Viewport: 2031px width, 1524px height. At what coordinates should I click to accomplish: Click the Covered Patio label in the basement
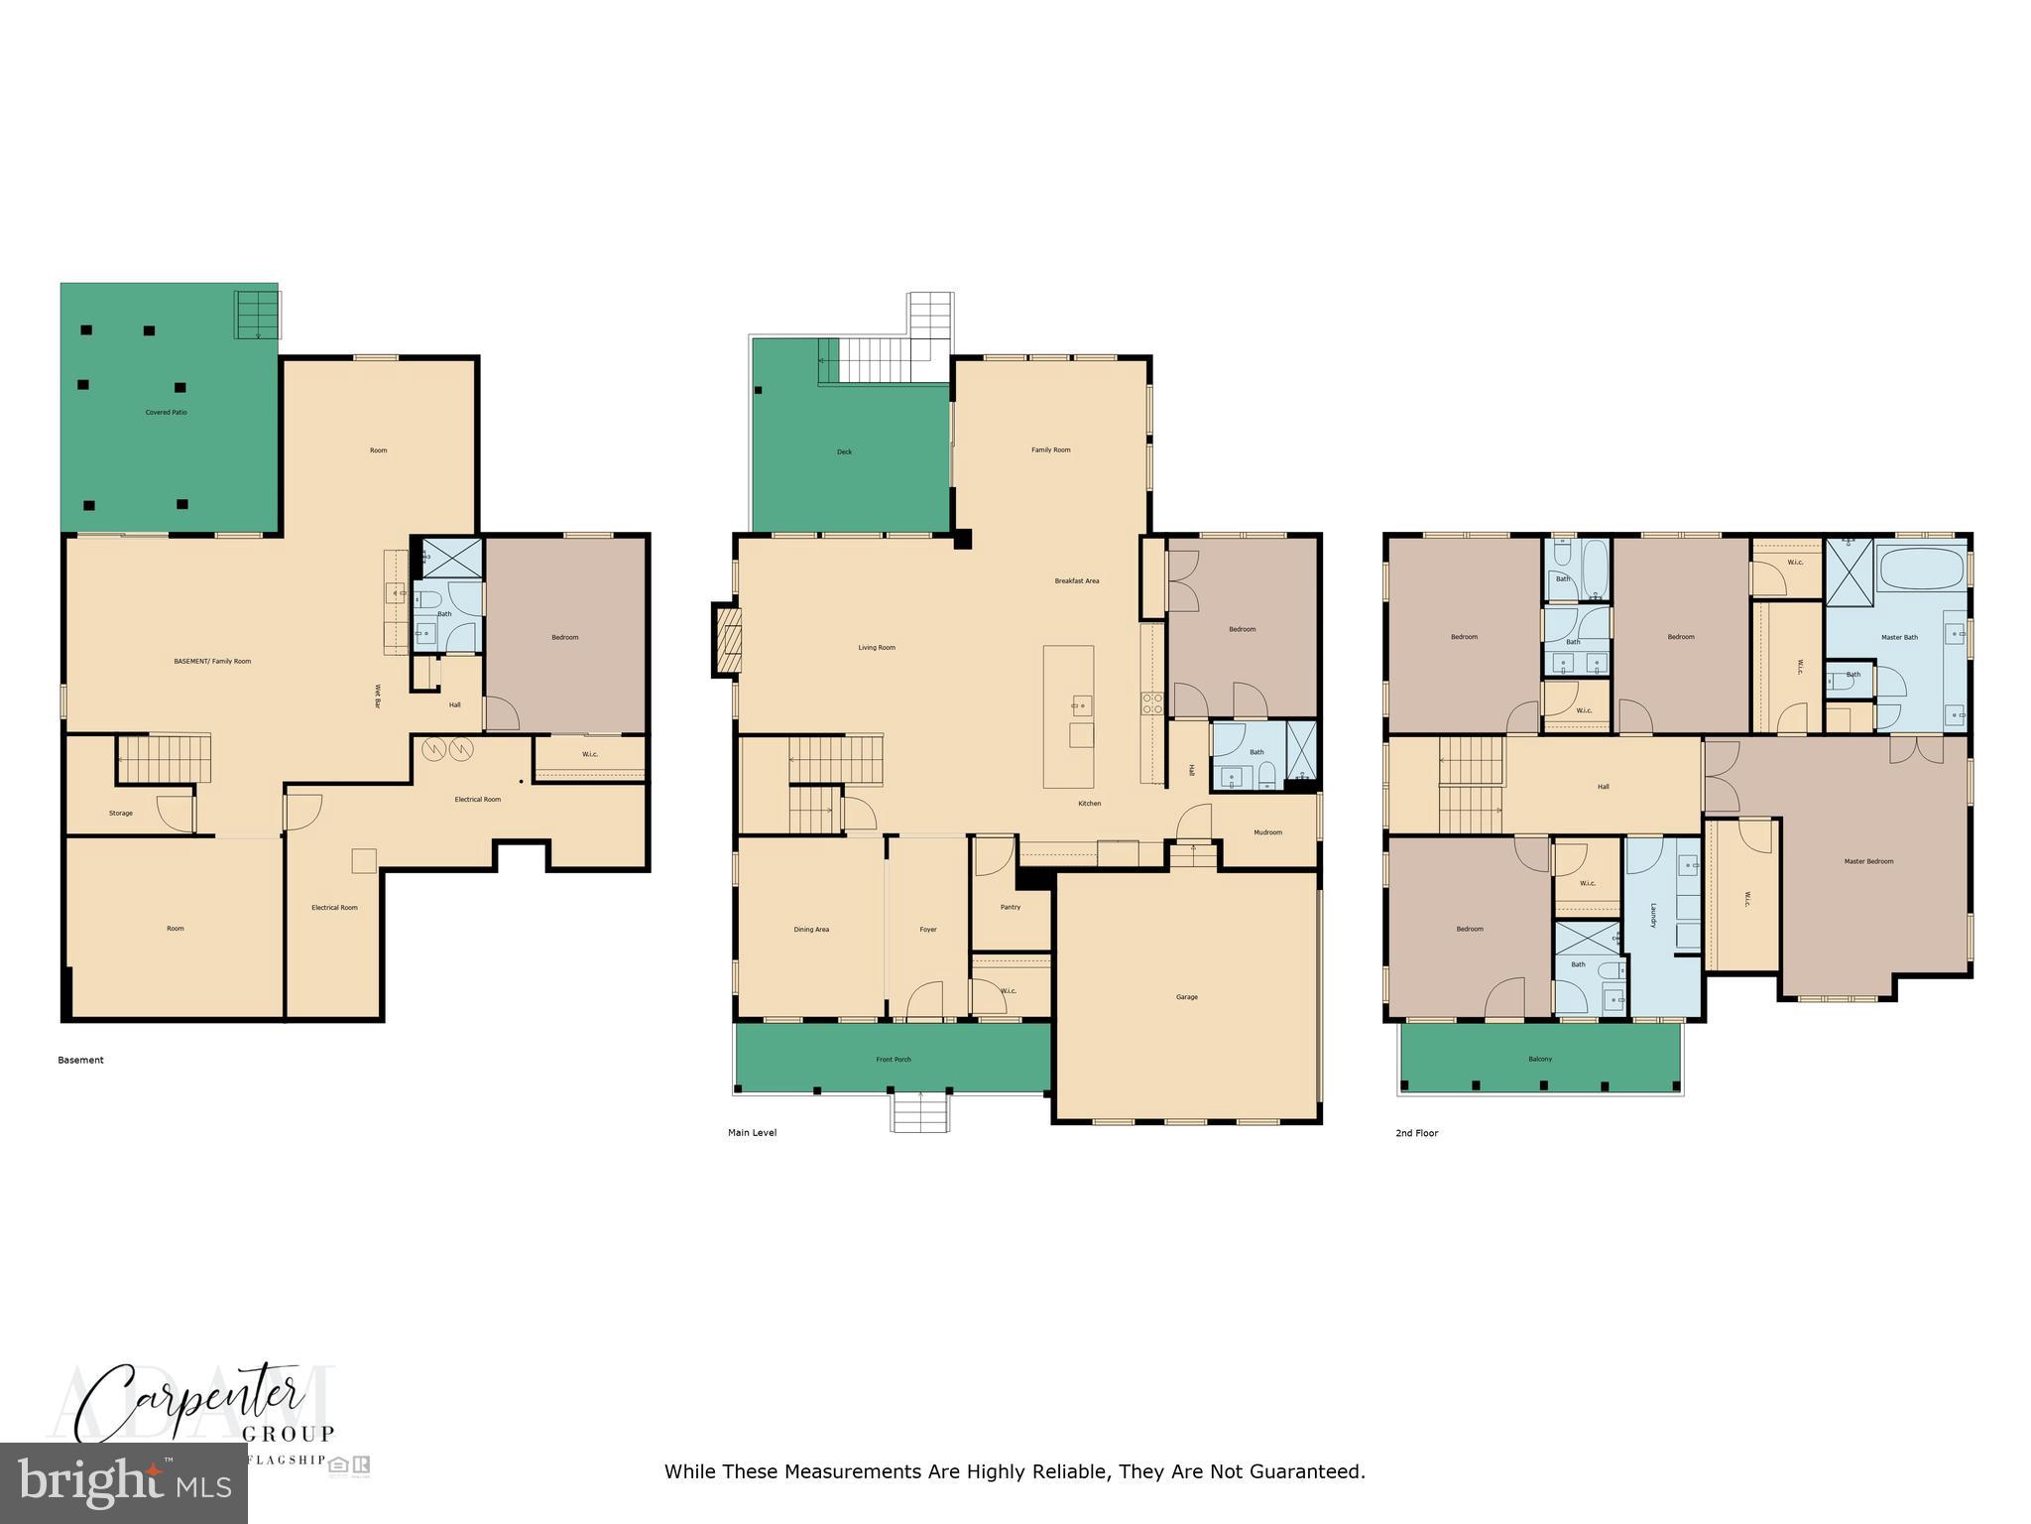tap(166, 412)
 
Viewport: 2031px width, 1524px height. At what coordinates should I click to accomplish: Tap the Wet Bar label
tap(377, 697)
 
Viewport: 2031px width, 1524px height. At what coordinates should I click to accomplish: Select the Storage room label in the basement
tap(121, 814)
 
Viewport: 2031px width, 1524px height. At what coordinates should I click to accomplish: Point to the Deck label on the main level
tap(844, 452)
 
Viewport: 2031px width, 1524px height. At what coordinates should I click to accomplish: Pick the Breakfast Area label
tap(1076, 581)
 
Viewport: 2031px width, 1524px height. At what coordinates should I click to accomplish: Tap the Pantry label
tap(1010, 907)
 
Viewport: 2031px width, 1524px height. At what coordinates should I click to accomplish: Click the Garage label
tap(1186, 997)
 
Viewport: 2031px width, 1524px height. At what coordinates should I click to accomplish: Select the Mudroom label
tap(1267, 832)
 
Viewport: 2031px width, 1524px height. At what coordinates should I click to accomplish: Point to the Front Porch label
tap(893, 1060)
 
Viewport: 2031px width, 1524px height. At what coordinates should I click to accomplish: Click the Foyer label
tap(927, 930)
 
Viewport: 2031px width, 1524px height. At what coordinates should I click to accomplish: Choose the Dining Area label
tap(810, 930)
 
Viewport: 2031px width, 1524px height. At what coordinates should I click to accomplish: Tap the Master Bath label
tap(1898, 637)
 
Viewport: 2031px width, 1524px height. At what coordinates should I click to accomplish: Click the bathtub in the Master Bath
tap(1921, 571)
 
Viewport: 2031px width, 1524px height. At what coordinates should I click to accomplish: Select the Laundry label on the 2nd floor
tap(1653, 915)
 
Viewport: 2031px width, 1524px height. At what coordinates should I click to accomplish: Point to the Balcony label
tap(1539, 1059)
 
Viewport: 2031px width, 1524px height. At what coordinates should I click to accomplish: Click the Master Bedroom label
tap(1867, 861)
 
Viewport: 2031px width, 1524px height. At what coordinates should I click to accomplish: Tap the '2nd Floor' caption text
tap(1416, 1133)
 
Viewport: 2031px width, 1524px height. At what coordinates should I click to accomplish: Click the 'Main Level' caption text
tap(752, 1133)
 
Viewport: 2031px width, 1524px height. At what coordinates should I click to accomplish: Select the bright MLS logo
tap(124, 1483)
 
